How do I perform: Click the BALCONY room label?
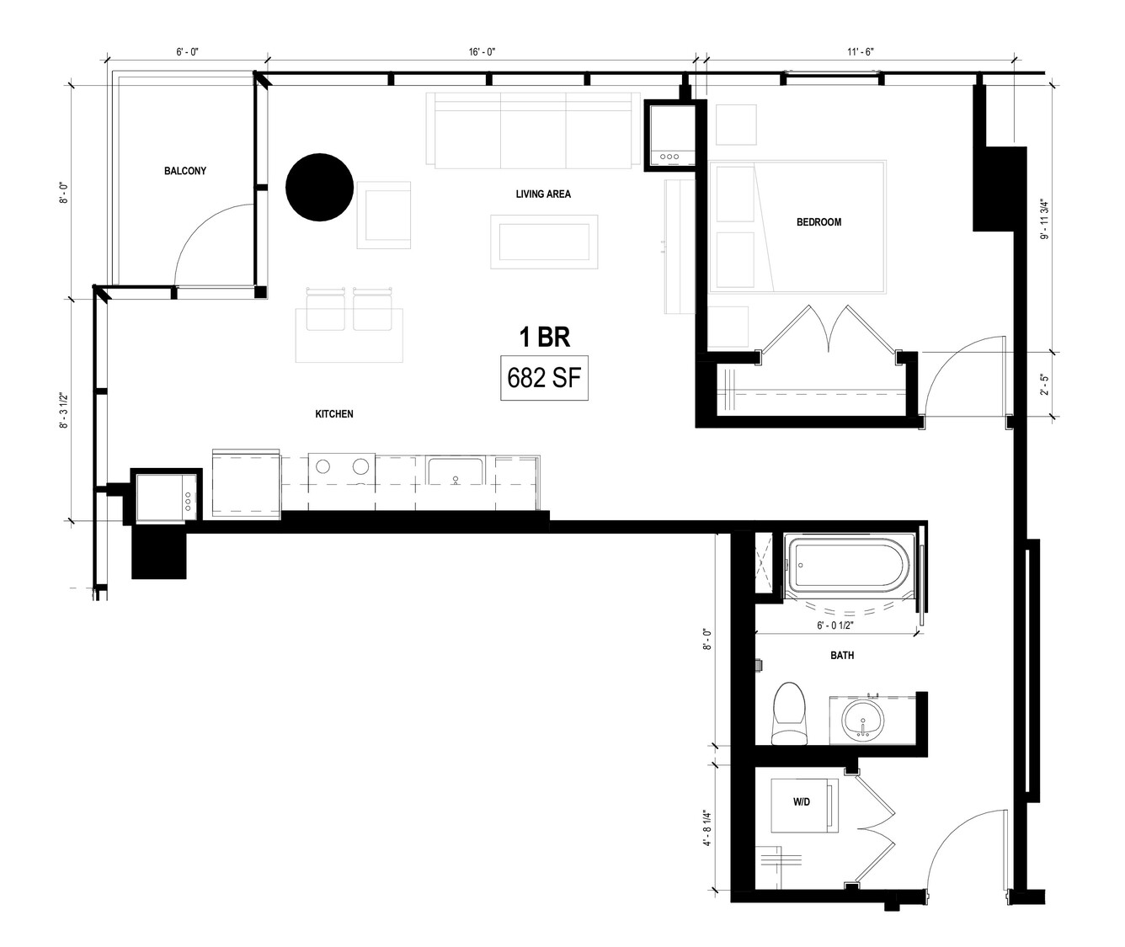(184, 171)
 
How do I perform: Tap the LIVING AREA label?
(543, 194)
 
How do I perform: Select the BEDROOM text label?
(818, 222)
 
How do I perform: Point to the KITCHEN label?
(334, 413)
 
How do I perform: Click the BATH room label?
(841, 655)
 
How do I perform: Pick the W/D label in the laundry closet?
(801, 801)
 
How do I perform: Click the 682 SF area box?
(544, 378)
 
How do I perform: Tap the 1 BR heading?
(544, 338)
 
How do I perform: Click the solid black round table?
(319, 187)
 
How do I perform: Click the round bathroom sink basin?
(863, 721)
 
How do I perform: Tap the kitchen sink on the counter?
(456, 471)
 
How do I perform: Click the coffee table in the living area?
(544, 242)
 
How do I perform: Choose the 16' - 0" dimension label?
(482, 51)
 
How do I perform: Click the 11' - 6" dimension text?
(861, 51)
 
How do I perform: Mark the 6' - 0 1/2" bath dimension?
(835, 625)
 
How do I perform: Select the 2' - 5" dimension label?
(1045, 384)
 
